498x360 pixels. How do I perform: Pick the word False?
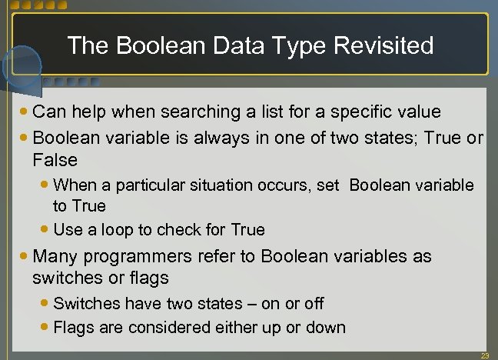coord(55,160)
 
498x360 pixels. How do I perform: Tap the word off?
coord(314,304)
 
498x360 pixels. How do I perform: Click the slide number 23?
coord(484,355)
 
